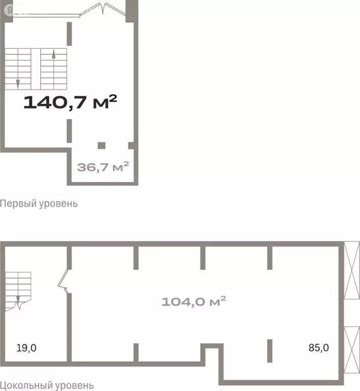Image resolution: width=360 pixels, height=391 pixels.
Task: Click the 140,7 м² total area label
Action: tap(70, 102)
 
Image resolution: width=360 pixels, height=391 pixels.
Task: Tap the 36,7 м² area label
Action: tap(103, 166)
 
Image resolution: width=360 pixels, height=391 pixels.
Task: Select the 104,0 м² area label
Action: tap(194, 301)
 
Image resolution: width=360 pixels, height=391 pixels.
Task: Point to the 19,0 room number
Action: tap(26, 348)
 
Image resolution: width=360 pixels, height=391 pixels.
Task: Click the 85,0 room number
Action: tap(319, 348)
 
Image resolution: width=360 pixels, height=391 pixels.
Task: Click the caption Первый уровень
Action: tap(39, 204)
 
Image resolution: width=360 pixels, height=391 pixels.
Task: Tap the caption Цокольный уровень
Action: tap(47, 386)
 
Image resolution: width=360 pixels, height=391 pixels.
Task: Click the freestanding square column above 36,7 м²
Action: tap(101, 146)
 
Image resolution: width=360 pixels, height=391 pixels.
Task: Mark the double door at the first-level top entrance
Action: tap(103, 9)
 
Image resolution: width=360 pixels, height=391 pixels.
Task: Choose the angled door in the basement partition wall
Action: tap(63, 281)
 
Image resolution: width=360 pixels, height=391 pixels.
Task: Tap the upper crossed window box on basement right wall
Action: tap(352, 270)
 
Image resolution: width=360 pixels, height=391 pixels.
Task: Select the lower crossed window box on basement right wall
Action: tap(352, 350)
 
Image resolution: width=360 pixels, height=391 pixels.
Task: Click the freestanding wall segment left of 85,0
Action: tap(269, 351)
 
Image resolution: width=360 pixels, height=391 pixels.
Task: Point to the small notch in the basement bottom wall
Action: tap(212, 355)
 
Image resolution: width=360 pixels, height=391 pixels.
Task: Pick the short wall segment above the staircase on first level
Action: tap(69, 34)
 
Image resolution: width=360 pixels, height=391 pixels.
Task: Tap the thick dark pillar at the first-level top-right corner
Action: tap(132, 11)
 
